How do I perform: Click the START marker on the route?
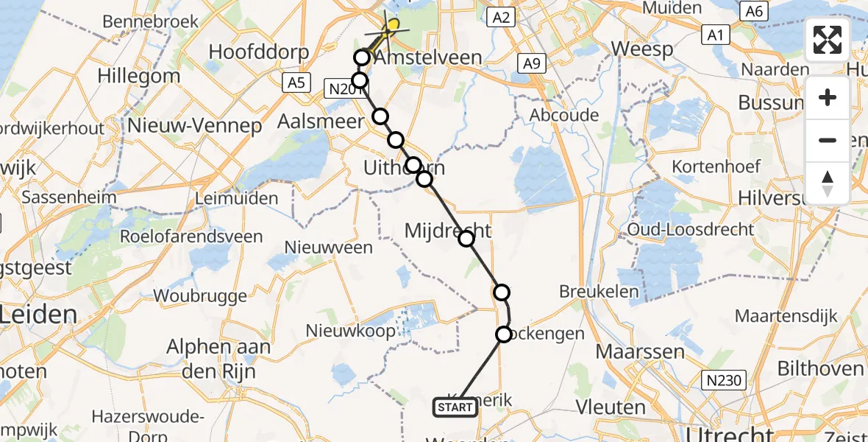[455, 407]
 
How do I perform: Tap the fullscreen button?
[828, 40]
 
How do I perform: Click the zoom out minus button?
[828, 141]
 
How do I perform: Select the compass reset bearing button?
[828, 183]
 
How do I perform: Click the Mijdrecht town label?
[447, 231]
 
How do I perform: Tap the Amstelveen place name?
[427, 58]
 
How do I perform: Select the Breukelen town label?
[599, 291]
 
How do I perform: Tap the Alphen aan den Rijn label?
[218, 357]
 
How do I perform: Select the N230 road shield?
[724, 381]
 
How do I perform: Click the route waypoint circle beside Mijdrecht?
[466, 238]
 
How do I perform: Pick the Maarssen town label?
[640, 351]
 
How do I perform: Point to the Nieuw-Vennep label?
[195, 126]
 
